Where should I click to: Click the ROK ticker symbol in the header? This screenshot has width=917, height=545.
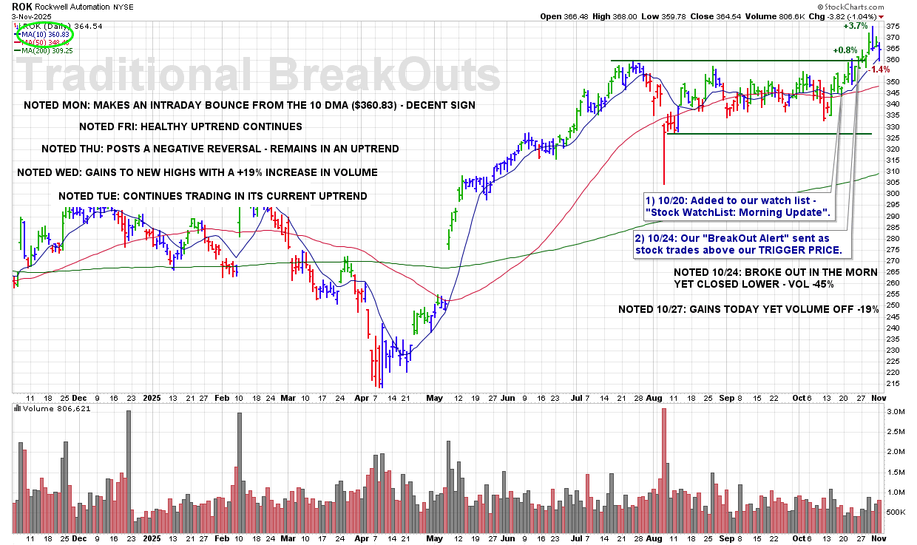tap(22, 6)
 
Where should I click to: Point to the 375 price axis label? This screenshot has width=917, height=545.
tap(893, 26)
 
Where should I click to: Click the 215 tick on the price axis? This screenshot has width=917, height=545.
tap(893, 384)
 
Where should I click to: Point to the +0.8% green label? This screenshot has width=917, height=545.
tap(845, 50)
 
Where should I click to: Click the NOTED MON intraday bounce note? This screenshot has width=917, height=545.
tap(249, 105)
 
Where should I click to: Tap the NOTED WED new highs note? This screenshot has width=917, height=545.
tap(197, 172)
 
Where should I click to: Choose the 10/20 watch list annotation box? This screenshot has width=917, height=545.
tap(738, 206)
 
